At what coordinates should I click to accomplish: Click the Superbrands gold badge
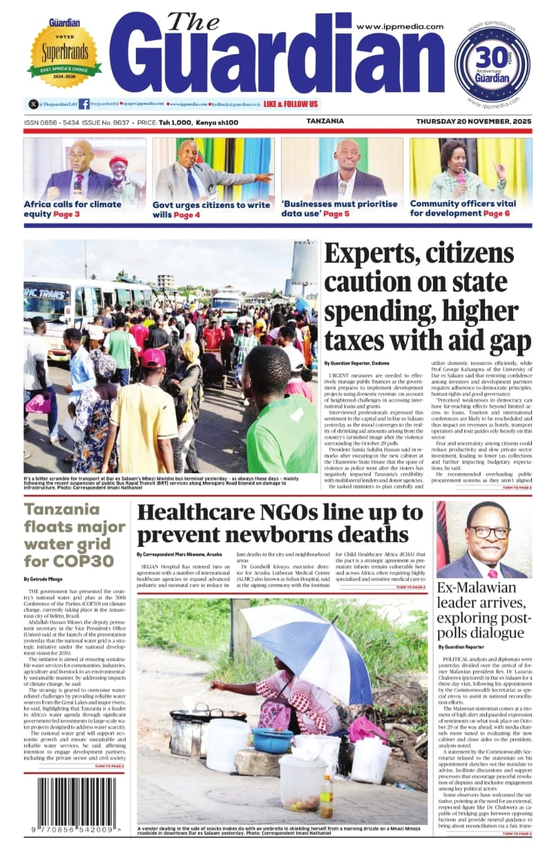coord(64,54)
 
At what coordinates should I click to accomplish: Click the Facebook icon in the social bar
coord(84,104)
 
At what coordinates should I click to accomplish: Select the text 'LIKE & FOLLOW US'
coord(291,104)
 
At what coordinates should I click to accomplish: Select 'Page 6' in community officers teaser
coord(496,213)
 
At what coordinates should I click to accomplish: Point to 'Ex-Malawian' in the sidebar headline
coord(476,588)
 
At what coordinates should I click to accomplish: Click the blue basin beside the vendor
coord(272,740)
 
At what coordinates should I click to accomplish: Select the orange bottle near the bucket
coord(326,796)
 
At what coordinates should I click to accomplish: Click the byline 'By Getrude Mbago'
coord(45,578)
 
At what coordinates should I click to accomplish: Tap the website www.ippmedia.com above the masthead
coord(400,27)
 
